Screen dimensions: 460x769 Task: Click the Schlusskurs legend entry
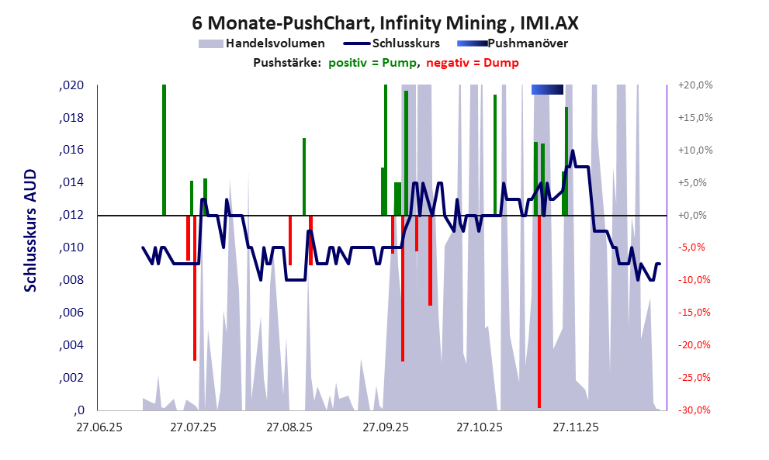[406, 43]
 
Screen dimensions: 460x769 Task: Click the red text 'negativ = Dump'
[473, 63]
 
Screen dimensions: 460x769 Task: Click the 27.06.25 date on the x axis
[98, 427]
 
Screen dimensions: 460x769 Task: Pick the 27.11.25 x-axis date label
[575, 427]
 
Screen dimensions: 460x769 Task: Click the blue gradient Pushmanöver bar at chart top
[547, 90]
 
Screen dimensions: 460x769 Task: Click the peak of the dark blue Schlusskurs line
[573, 151]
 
